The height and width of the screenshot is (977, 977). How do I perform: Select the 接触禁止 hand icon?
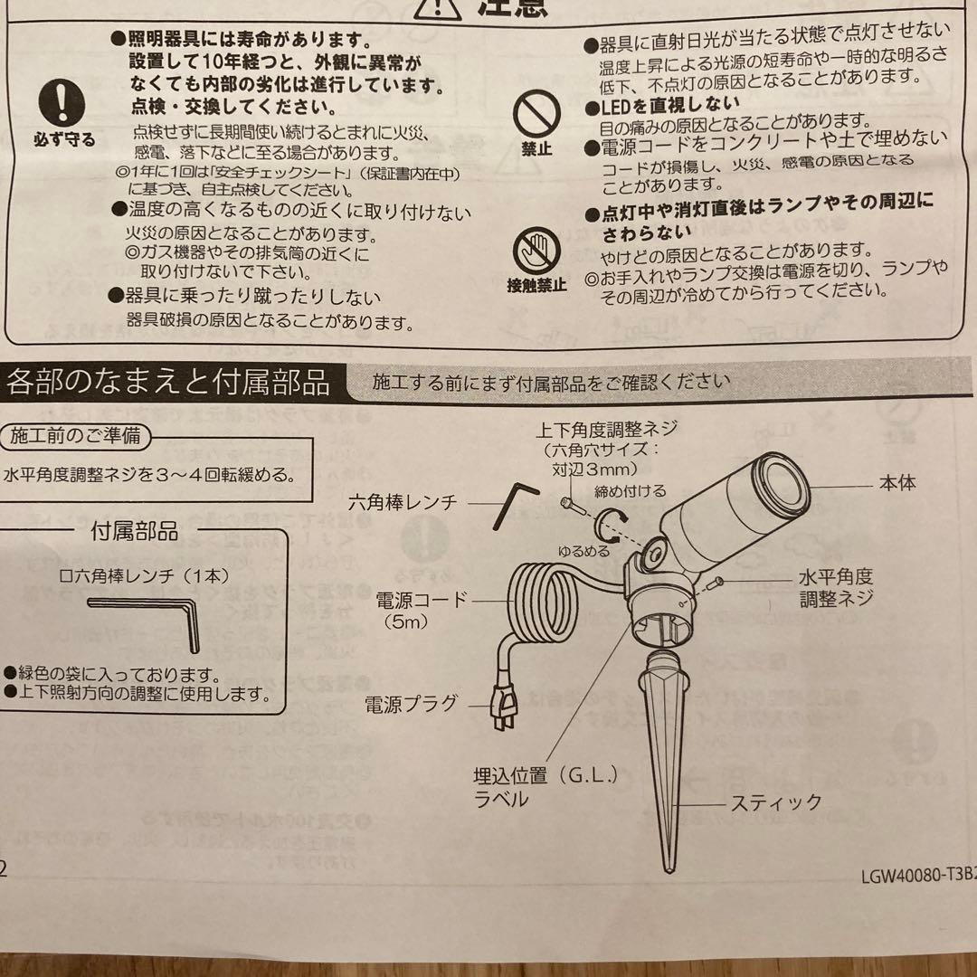click(x=536, y=250)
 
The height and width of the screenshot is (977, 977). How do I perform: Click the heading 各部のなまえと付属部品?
click(x=168, y=383)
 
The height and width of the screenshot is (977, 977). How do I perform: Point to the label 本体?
click(x=896, y=483)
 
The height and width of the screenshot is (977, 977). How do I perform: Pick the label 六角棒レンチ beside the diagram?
click(x=403, y=502)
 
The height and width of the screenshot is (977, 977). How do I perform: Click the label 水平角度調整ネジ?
click(x=835, y=587)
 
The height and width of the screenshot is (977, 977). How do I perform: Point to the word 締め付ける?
click(x=631, y=491)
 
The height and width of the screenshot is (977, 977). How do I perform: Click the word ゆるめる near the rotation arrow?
click(x=583, y=550)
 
